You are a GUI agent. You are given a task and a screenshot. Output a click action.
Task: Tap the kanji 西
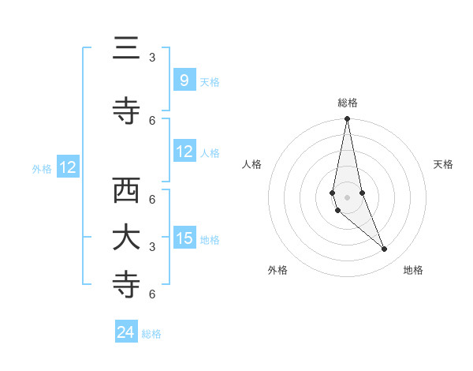tap(126, 192)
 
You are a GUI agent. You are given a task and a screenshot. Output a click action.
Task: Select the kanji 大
tap(126, 238)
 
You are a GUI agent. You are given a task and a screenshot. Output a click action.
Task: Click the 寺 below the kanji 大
tap(126, 285)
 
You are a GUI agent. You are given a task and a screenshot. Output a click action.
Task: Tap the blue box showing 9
tap(184, 81)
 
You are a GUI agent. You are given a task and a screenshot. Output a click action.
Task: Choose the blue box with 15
tap(184, 238)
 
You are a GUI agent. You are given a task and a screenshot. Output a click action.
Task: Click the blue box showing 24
tap(126, 332)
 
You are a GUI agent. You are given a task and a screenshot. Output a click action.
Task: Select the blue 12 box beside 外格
tap(67, 167)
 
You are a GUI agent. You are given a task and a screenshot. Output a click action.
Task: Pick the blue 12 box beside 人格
tap(184, 152)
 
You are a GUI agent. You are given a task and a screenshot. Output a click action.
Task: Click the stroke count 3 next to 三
tap(152, 58)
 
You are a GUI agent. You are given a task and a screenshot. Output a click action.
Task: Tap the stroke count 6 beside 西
tap(152, 199)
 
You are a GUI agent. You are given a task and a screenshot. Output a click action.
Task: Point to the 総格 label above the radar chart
tap(348, 103)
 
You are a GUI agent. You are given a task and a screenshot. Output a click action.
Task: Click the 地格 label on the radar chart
tap(413, 270)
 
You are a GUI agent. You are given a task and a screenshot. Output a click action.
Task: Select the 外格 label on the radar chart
tap(277, 270)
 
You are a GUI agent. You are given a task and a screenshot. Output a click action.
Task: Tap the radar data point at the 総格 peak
tap(347, 119)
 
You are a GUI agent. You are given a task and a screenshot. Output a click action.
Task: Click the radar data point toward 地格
tap(385, 249)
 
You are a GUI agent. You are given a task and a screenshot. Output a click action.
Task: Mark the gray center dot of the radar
tap(347, 197)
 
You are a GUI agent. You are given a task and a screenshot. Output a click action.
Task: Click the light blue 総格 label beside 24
tap(151, 334)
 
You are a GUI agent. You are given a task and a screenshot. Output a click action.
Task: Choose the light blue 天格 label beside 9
tap(210, 81)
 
